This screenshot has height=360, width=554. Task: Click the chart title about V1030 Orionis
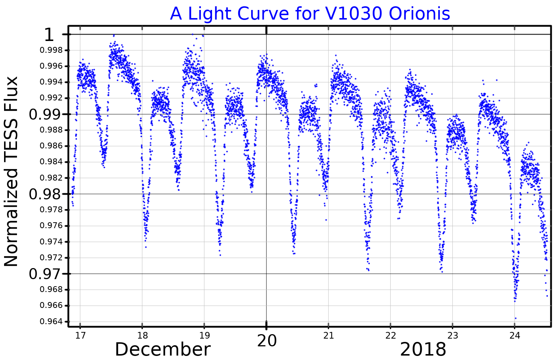point(310,14)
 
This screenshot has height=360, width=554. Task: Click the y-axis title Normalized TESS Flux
point(11,171)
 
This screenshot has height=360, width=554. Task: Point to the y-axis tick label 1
point(49,35)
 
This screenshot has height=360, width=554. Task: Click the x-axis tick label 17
point(80,336)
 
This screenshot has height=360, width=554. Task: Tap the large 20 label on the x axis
point(267,341)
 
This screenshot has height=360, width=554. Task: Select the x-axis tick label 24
point(514,336)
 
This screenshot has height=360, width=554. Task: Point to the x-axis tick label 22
point(390,336)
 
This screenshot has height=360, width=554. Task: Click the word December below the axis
point(163,349)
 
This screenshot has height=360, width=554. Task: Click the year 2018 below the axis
point(423,349)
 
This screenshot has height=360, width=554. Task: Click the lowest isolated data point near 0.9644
point(516,318)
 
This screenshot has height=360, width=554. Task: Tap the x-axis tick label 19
point(204,336)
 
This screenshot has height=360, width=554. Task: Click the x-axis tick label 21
point(328,336)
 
